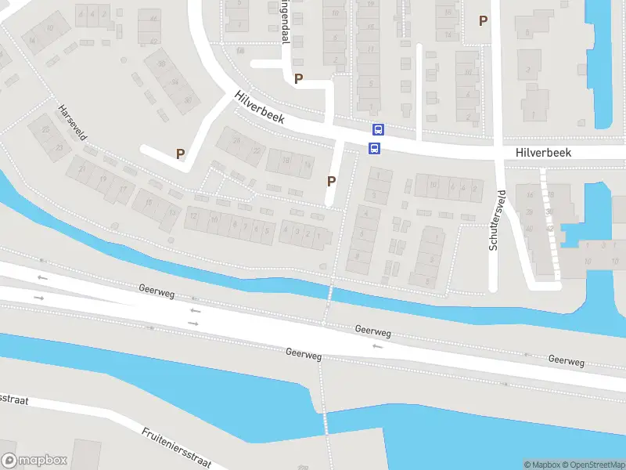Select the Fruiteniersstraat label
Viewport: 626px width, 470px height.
click(x=177, y=447)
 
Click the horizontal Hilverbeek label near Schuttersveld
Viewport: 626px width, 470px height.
click(x=544, y=154)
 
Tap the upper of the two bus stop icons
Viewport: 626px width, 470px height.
click(x=378, y=130)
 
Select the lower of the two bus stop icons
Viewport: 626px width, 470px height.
click(x=374, y=148)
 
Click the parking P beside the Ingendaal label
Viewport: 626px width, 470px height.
click(x=298, y=78)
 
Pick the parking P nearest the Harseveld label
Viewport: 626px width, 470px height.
click(x=181, y=154)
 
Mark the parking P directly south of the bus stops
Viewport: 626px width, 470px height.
click(x=331, y=181)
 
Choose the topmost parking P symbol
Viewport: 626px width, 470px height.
click(x=483, y=21)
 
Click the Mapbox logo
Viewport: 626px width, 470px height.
click(x=34, y=461)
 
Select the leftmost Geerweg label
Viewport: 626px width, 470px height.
click(x=156, y=291)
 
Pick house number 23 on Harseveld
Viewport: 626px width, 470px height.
click(x=59, y=146)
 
